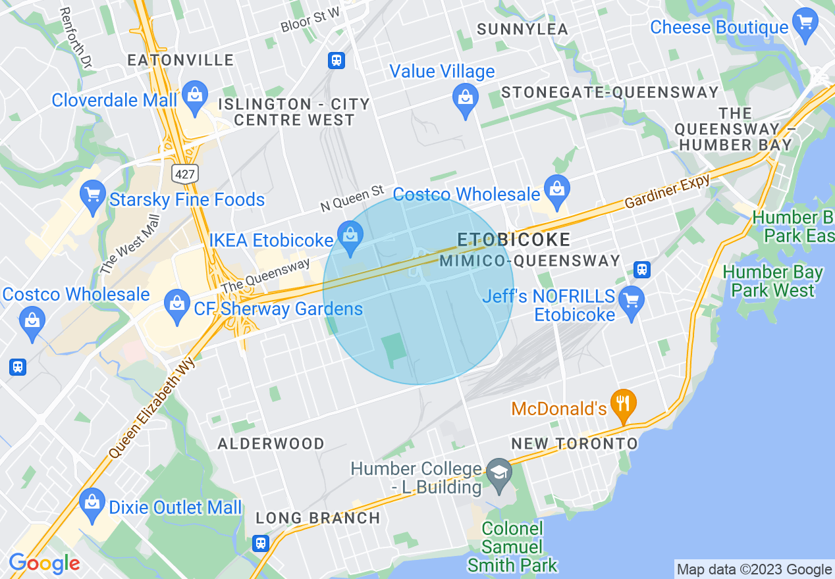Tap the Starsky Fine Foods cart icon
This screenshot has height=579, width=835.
(x=93, y=196)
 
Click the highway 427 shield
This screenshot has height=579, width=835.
(x=182, y=173)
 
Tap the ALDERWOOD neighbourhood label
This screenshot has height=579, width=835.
(x=271, y=443)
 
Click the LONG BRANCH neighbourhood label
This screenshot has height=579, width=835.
(x=318, y=518)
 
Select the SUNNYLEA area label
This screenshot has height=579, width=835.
(x=522, y=30)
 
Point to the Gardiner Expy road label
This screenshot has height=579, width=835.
(x=668, y=193)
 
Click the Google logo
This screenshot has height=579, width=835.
(x=44, y=564)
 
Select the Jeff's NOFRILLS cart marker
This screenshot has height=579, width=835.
(x=632, y=301)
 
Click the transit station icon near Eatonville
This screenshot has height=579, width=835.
(x=337, y=61)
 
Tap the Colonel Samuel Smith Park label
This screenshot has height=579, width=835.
(x=512, y=547)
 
